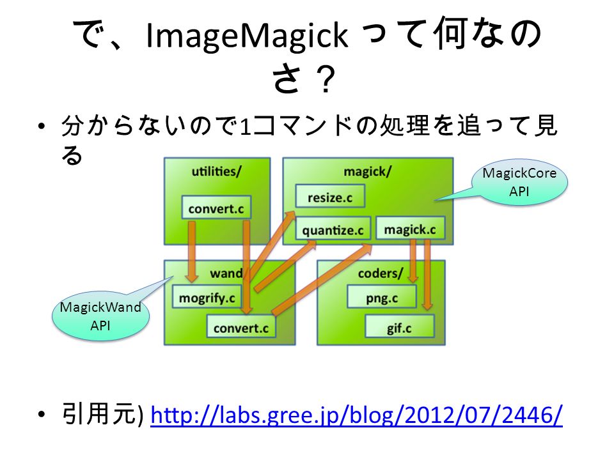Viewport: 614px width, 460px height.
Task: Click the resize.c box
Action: click(x=330, y=196)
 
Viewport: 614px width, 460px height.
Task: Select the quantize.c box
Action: click(x=333, y=229)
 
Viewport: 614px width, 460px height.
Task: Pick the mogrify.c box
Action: click(x=207, y=296)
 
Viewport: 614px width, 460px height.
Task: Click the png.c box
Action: click(x=382, y=296)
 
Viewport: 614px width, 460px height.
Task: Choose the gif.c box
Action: click(x=400, y=326)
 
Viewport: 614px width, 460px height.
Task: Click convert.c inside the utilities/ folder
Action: click(x=217, y=207)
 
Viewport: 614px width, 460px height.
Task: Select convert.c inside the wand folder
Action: click(x=241, y=326)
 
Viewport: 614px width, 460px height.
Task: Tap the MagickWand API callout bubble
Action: click(x=100, y=317)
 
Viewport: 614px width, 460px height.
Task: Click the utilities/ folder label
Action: click(x=217, y=171)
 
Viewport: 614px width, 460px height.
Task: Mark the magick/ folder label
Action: click(x=367, y=171)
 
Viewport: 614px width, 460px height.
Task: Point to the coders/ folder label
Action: click(x=380, y=273)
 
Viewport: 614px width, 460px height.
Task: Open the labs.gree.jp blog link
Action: click(x=356, y=415)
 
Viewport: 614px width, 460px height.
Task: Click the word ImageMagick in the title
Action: click(x=247, y=35)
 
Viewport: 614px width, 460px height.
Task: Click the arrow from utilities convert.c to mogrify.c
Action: click(x=191, y=252)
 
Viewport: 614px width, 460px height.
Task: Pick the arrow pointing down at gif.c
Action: click(x=427, y=275)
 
